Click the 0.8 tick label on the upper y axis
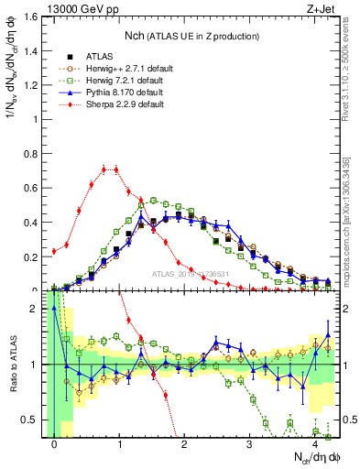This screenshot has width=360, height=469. coord(34,153)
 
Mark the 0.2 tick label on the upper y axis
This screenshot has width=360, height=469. coord(34,256)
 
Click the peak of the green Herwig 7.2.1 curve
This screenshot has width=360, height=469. coord(154,199)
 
